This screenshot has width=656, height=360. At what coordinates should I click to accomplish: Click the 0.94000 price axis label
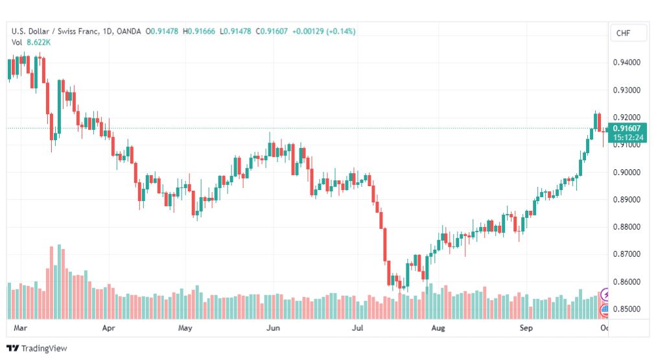tap(626, 63)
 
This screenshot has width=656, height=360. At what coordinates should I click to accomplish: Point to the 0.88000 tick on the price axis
tap(626, 227)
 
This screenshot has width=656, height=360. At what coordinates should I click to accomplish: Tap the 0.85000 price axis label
tap(626, 309)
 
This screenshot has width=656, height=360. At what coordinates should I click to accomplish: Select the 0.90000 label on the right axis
tap(626, 173)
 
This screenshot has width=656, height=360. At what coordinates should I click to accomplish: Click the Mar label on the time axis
tap(20, 328)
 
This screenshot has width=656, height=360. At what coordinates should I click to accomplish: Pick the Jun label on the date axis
tap(273, 328)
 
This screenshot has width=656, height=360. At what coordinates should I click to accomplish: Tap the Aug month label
tap(438, 328)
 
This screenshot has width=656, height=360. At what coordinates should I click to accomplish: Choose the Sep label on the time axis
tap(526, 328)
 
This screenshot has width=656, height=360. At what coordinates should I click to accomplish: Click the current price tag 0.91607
tap(626, 128)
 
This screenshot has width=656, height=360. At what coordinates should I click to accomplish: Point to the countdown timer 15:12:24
tap(628, 138)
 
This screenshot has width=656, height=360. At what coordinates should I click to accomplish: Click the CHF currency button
tap(623, 33)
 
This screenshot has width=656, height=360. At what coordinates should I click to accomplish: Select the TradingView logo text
tap(44, 348)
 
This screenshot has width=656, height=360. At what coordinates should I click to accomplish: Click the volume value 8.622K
tap(38, 42)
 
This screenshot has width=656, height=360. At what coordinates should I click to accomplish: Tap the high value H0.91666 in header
tap(199, 31)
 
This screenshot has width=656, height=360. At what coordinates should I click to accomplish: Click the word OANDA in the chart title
tap(129, 31)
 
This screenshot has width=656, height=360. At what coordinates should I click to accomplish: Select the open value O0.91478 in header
tap(162, 31)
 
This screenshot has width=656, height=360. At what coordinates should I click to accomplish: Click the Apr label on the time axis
tap(108, 328)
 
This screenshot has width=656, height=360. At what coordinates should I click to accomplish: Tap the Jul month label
tap(357, 328)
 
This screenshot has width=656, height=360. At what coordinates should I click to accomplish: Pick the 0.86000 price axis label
tap(626, 282)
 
